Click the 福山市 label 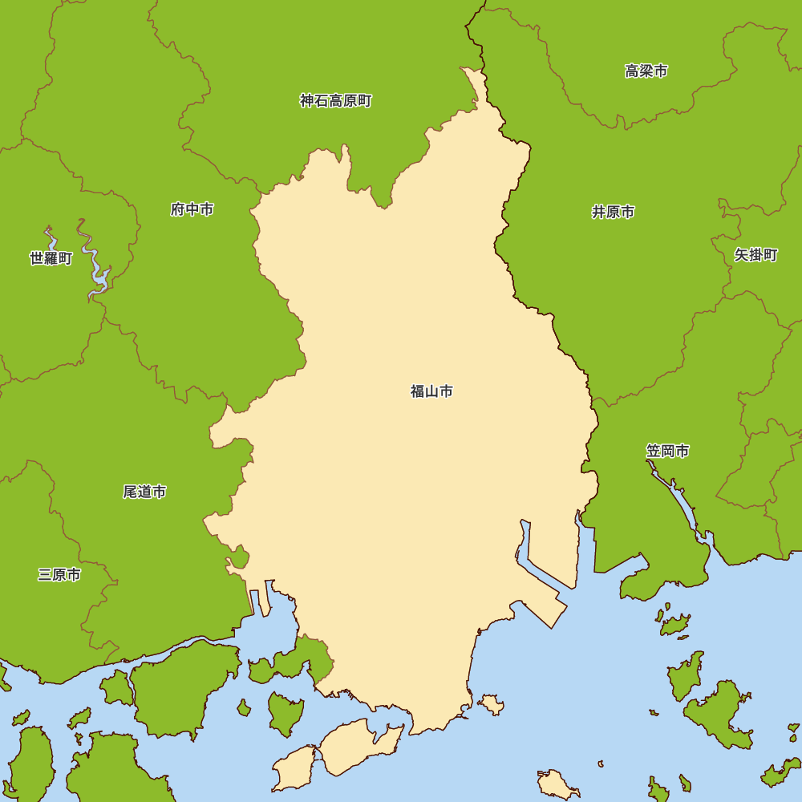pyautogui.click(x=431, y=391)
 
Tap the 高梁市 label pyautogui.click(x=646, y=71)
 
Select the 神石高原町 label pyautogui.click(x=335, y=101)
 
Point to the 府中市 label pyautogui.click(x=192, y=209)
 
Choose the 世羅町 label pyautogui.click(x=51, y=258)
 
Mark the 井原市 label pyautogui.click(x=613, y=212)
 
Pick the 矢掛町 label pyautogui.click(x=755, y=255)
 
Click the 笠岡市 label pyautogui.click(x=667, y=451)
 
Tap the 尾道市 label pyautogui.click(x=144, y=492)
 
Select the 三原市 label pyautogui.click(x=59, y=575)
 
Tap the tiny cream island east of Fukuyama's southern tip pyautogui.click(x=491, y=705)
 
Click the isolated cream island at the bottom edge pyautogui.click(x=557, y=784)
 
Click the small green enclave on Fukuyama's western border pyautogui.click(x=238, y=556)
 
